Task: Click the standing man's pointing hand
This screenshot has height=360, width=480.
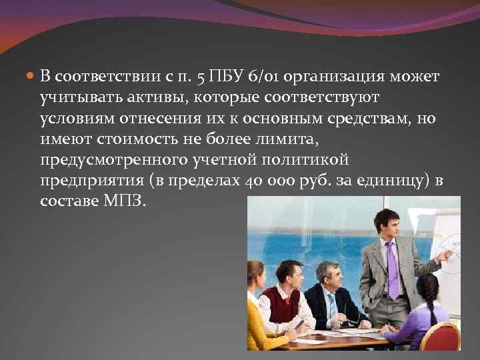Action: pyautogui.click(x=443, y=254)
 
